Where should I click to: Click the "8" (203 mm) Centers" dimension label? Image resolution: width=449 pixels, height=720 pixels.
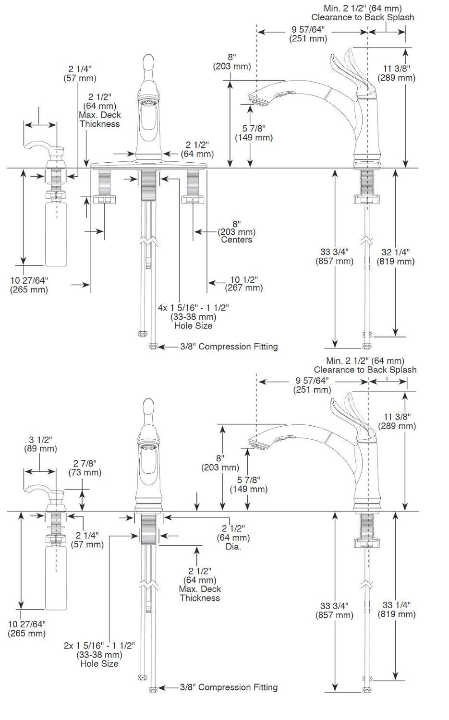point(236,232)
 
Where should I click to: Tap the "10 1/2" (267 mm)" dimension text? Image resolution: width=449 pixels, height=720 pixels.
point(244,284)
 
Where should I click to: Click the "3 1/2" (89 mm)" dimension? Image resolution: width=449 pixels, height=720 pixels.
point(40,444)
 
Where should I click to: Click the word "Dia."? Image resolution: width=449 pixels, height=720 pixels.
point(233,547)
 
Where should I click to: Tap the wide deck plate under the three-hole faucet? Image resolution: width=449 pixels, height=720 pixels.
point(149,165)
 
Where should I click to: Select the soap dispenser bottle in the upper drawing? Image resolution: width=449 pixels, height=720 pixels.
point(56,234)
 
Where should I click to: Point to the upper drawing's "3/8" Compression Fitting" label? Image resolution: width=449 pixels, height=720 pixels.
point(229,347)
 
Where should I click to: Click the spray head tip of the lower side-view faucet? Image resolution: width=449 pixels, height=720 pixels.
point(256,444)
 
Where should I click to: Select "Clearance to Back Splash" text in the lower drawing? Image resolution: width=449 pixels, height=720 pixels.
point(365,370)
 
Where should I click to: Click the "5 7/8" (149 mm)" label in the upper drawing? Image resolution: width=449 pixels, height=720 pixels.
point(254,132)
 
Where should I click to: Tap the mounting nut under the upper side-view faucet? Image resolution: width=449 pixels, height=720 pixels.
point(367,200)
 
